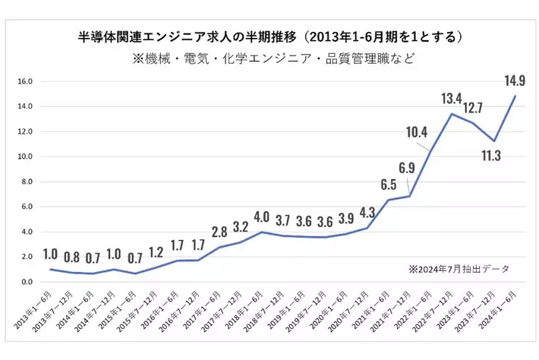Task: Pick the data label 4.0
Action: point(261,216)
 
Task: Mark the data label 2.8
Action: point(219,231)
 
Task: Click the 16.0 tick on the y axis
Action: point(26,81)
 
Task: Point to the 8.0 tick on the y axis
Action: point(26,182)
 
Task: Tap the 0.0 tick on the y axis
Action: point(26,282)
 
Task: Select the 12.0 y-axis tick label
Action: point(26,131)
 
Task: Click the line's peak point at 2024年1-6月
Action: point(516,96)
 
